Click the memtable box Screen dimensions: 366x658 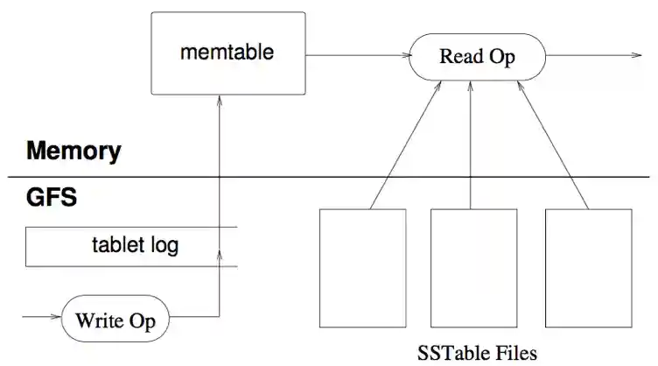(228, 53)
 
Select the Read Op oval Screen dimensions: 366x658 (477, 58)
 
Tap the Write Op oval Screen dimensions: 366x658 (115, 320)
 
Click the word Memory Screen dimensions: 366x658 (73, 151)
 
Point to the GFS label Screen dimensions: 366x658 (52, 197)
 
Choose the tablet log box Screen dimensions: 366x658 (131, 245)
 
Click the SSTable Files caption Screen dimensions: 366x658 (478, 353)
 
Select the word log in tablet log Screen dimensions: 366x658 (163, 245)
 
